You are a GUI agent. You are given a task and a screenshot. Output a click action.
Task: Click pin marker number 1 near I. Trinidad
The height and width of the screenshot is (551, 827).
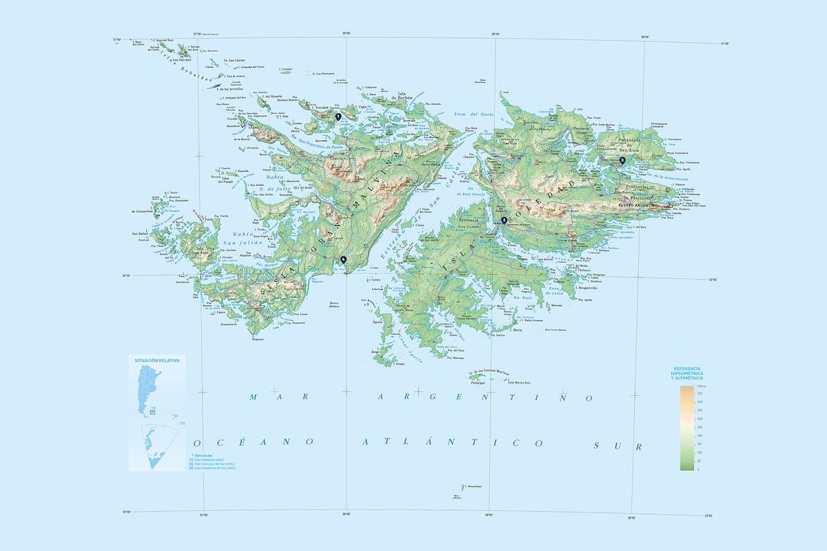(338, 117)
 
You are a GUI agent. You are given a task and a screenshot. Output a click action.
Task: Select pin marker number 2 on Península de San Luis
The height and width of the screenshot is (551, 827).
(622, 160)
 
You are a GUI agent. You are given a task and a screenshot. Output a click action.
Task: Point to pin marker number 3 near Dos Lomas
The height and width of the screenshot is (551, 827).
(504, 220)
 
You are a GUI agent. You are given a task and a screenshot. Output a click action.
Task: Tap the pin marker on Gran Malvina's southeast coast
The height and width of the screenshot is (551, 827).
(343, 259)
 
